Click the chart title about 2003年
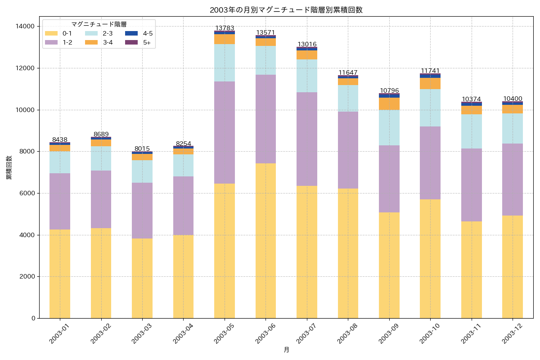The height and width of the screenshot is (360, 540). coord(286,10)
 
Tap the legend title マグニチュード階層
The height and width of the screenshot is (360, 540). coord(99,24)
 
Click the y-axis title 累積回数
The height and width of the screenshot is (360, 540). coord(9,168)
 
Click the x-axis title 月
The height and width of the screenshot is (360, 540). coord(286,350)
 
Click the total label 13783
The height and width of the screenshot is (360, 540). coord(225,28)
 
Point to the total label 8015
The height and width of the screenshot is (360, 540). coord(142,148)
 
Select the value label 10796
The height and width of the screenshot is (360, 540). coord(389,90)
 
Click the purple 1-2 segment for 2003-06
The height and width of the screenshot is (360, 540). coord(265,119)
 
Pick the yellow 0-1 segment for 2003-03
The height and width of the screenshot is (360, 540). coord(142,278)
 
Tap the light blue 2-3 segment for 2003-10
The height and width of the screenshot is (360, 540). coord(430,108)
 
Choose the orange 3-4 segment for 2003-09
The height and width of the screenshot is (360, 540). coord(389,103)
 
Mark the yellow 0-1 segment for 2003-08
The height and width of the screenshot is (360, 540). coord(348,253)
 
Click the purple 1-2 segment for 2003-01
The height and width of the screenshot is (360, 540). coord(60,201)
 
